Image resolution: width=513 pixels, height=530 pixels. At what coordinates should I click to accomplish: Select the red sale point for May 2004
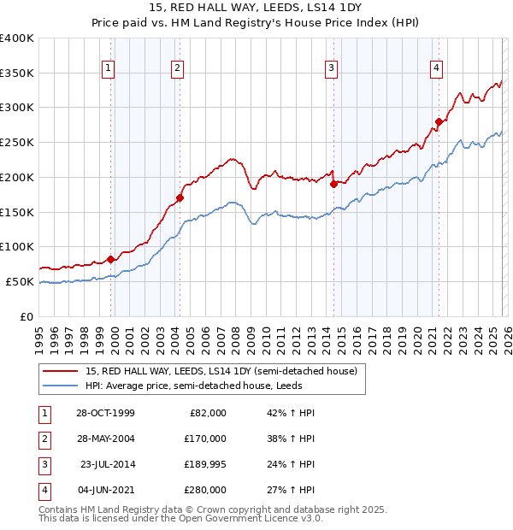click(x=180, y=198)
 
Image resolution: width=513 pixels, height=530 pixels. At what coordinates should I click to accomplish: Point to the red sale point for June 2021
click(x=439, y=121)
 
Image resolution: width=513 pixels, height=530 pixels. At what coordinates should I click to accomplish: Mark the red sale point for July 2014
click(x=333, y=184)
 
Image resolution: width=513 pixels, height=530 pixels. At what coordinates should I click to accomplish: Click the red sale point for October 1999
click(x=111, y=259)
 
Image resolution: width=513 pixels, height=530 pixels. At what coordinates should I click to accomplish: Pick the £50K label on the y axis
click(x=20, y=281)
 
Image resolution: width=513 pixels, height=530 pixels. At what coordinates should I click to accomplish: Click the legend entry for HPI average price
click(x=206, y=386)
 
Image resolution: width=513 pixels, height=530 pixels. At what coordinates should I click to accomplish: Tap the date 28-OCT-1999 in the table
click(x=105, y=413)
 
